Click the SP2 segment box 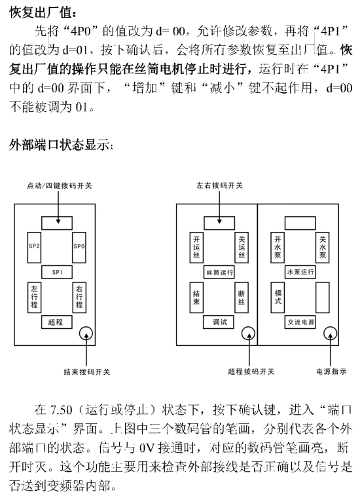[34, 248]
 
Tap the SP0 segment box [79, 248]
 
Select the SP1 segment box [57, 272]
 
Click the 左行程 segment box [34, 297]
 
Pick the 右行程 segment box [79, 297]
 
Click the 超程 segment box [57, 322]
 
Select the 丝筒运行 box [219, 272]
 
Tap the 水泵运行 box [300, 272]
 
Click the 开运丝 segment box [196, 248]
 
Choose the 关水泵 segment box [323, 248]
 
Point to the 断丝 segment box [242, 297]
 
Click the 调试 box [219, 322]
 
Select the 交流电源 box [300, 322]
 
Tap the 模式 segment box [278, 297]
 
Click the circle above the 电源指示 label [331, 327]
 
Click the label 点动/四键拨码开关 [60, 186]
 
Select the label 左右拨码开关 [220, 185]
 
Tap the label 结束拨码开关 [87, 372]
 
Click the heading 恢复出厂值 [43, 13]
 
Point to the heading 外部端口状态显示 [61, 145]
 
